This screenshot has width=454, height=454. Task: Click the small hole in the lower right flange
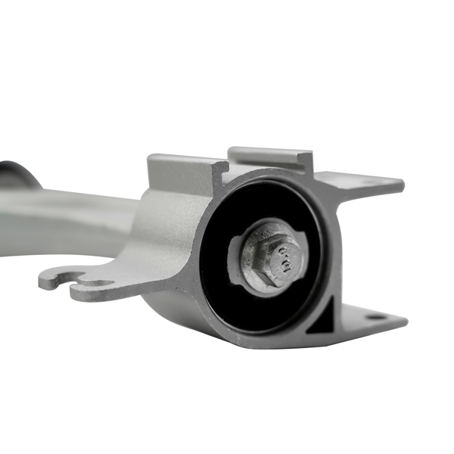coord(375,316)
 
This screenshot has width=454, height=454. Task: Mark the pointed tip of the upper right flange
coord(400,183)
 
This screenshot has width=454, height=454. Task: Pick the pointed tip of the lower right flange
coord(405,322)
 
